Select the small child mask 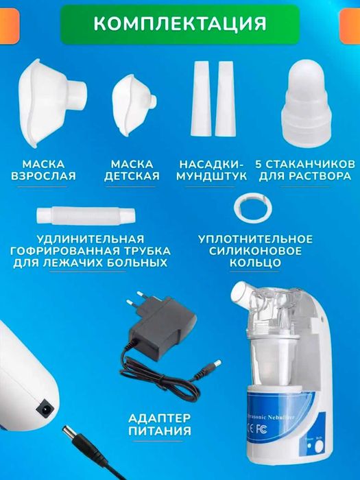coord(134,99)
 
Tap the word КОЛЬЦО coord(255,262)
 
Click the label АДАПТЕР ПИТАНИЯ coord(159,424)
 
